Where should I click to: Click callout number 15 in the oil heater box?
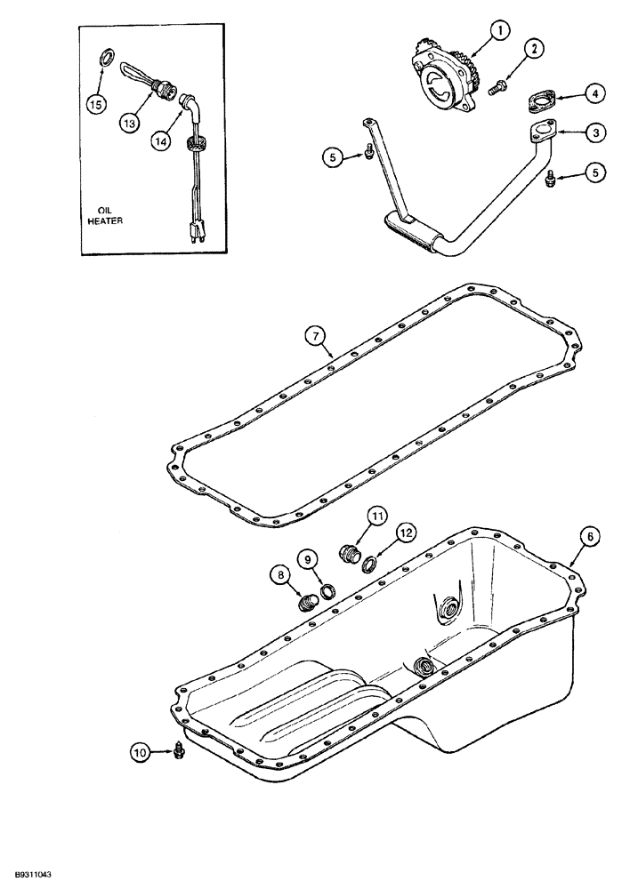pyautogui.click(x=96, y=104)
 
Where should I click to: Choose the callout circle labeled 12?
pyautogui.click(x=406, y=533)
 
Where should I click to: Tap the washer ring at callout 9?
pyautogui.click(x=327, y=590)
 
